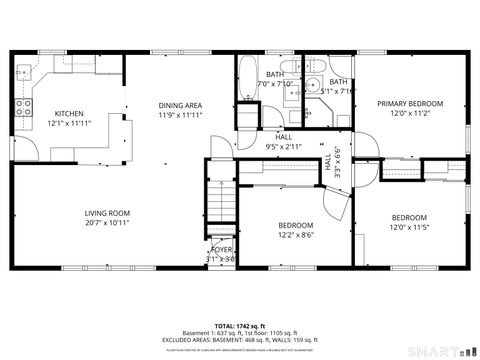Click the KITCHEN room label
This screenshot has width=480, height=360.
69,113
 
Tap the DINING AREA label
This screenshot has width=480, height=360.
180,105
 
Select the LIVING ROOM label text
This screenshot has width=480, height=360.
107,212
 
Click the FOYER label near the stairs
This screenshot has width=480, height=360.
221,249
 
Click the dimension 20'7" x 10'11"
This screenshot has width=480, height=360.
107,222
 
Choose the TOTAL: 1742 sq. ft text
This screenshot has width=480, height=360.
239,326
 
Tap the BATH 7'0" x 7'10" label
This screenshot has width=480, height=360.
275,78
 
